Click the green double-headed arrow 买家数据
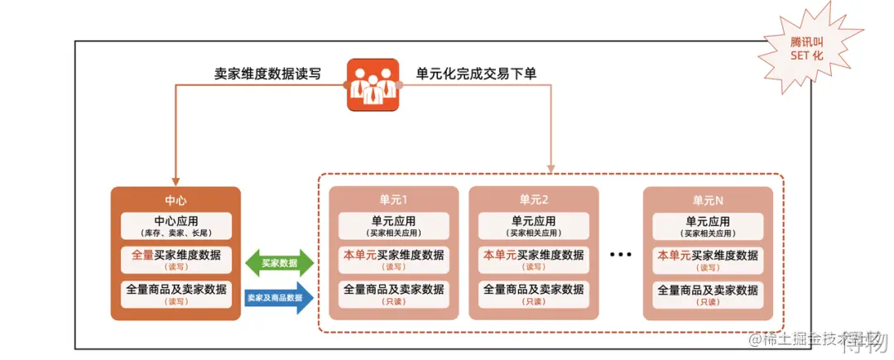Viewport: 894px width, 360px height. click(x=279, y=262)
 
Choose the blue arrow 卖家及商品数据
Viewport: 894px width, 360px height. click(x=279, y=297)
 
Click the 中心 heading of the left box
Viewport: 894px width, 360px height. click(x=175, y=200)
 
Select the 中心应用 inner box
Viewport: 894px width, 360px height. click(x=175, y=226)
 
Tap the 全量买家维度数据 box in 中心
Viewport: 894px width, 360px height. click(x=175, y=260)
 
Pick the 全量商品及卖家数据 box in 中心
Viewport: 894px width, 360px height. click(x=175, y=294)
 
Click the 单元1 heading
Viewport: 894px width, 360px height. click(x=394, y=199)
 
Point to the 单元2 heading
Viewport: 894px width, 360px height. click(x=534, y=199)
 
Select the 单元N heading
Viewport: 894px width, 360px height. click(x=708, y=199)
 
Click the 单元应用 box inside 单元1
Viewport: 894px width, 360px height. click(x=394, y=226)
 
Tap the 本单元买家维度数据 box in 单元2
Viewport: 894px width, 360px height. click(x=534, y=260)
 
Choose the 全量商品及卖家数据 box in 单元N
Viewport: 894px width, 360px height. click(x=708, y=294)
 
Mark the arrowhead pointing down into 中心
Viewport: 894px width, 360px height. click(x=175, y=178)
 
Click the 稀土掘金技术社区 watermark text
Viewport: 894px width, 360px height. click(x=815, y=339)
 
